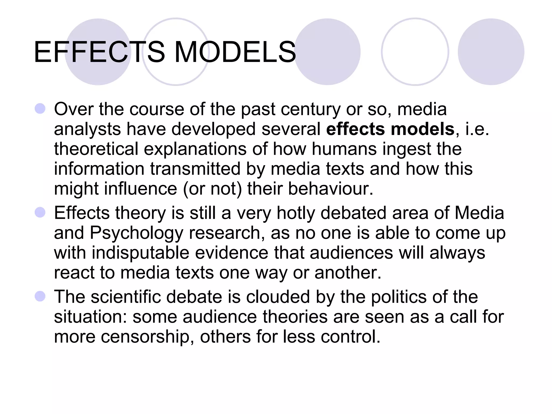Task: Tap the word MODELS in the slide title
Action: [x=235, y=52]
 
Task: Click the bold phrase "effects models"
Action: [x=390, y=129]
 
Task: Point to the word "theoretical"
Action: [x=96, y=149]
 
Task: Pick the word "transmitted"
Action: [x=195, y=169]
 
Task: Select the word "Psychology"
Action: [x=136, y=233]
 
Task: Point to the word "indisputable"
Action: [x=140, y=253]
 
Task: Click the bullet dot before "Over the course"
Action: [x=40, y=109]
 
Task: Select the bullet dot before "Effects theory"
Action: [x=40, y=212]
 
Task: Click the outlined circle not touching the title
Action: [x=415, y=52]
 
